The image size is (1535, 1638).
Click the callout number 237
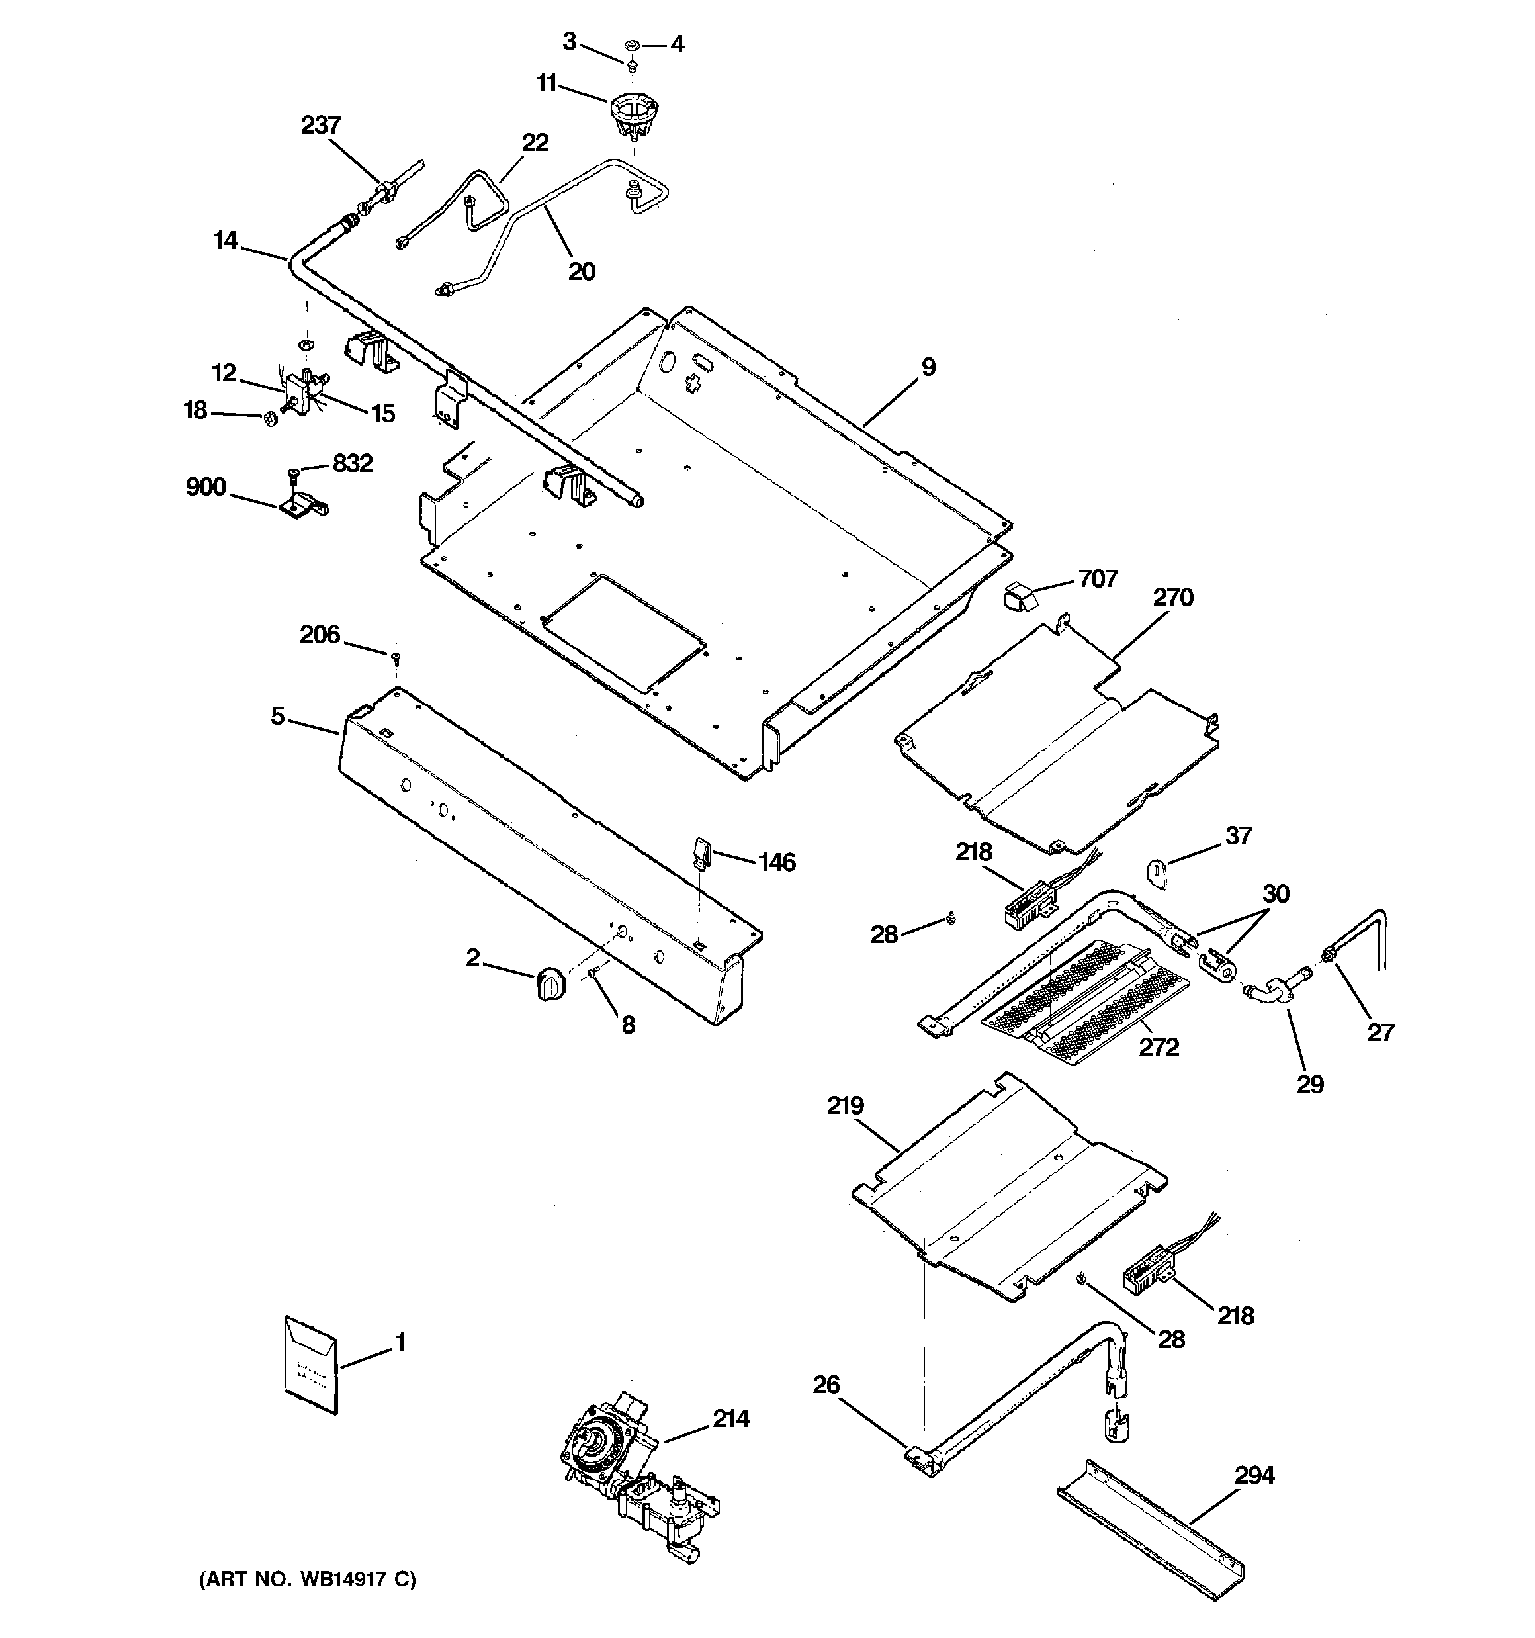(x=320, y=125)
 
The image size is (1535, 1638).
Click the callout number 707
(x=1098, y=579)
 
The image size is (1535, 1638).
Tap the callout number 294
(x=1254, y=1475)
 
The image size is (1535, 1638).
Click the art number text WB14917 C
(x=306, y=1580)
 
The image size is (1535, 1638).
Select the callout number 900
(x=205, y=487)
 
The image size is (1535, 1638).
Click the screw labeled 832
(x=295, y=474)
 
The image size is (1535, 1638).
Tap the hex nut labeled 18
(x=269, y=418)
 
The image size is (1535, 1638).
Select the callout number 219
(x=846, y=1105)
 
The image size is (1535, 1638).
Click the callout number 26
(x=826, y=1385)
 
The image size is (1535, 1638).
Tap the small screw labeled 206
(x=396, y=657)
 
